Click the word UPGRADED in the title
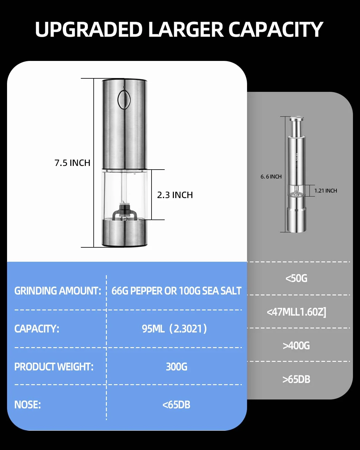click(x=89, y=29)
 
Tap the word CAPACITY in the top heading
click(x=276, y=29)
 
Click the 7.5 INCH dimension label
click(x=72, y=163)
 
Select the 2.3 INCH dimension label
click(x=175, y=195)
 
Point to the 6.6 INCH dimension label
click(x=271, y=177)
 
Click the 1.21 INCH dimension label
click(x=325, y=191)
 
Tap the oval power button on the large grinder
click(x=124, y=99)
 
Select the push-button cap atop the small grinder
click(x=296, y=119)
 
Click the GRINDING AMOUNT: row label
click(x=58, y=291)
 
